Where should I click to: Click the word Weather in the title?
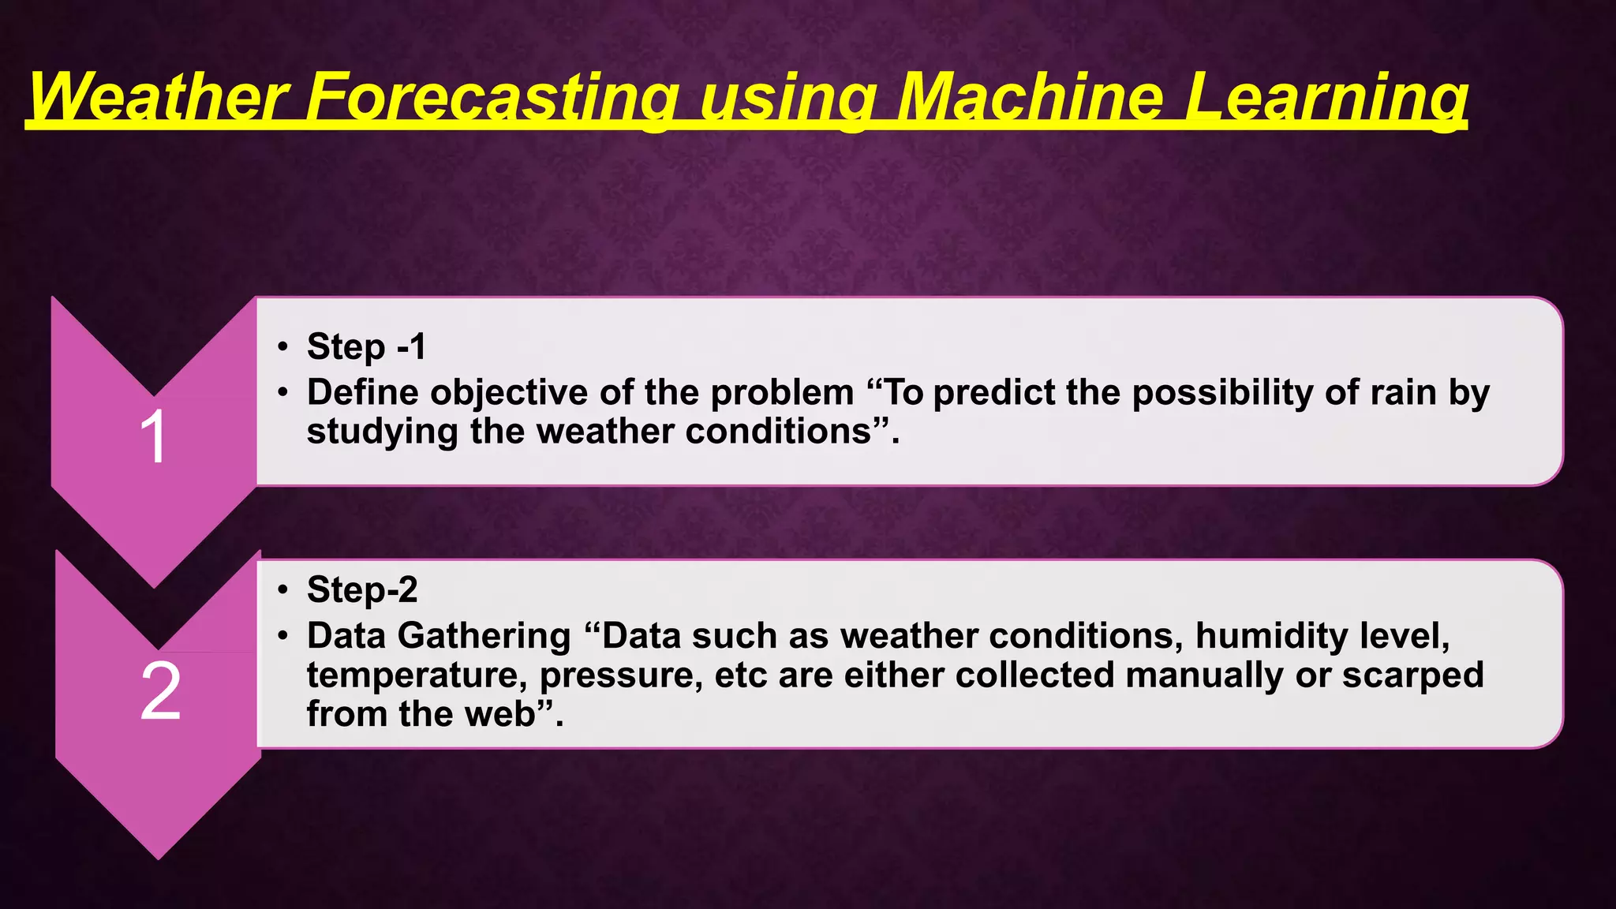pos(158,96)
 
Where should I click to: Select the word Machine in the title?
pos(1031,96)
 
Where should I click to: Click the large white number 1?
pos(153,437)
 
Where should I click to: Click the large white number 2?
pos(161,691)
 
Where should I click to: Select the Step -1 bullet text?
pos(366,347)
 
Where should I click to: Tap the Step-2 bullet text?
pos(362,589)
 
